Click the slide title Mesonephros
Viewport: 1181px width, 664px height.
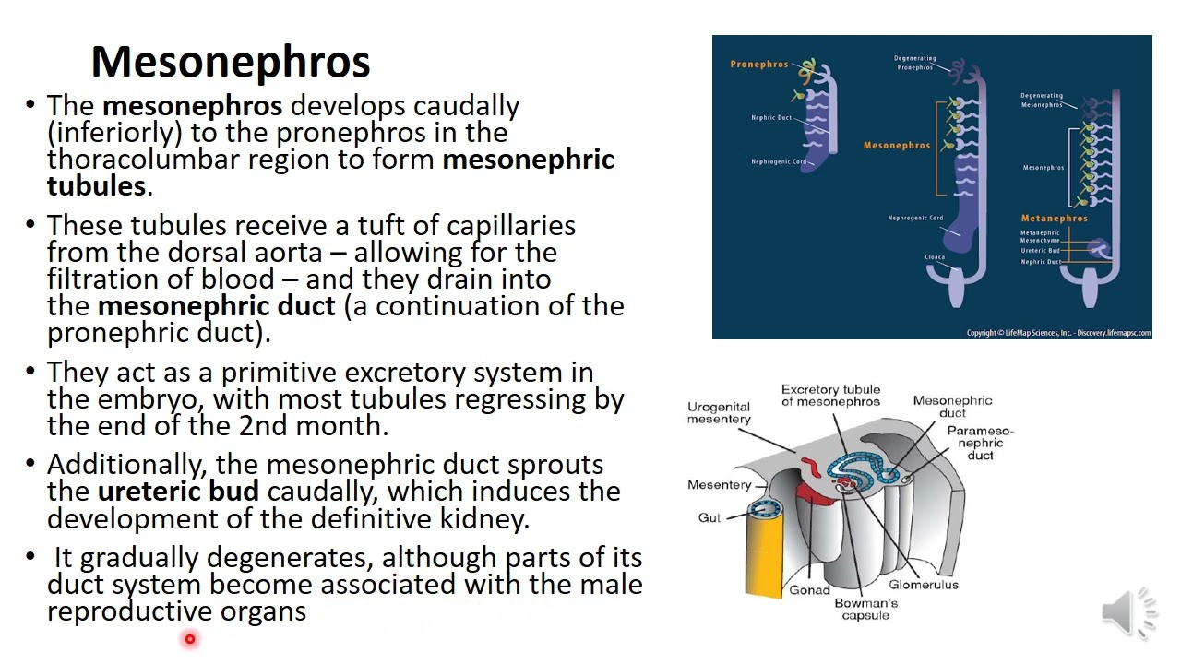coord(231,62)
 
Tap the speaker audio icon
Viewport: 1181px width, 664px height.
coord(1129,611)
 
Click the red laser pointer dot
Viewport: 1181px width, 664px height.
coord(190,638)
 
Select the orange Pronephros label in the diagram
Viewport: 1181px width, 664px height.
coord(759,65)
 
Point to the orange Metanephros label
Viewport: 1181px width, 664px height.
coord(1054,219)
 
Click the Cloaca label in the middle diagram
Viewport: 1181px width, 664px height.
coord(935,257)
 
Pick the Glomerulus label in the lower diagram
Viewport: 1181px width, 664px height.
coord(924,585)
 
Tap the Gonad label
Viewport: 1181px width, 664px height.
coord(809,590)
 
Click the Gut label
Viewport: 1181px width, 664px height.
coord(710,518)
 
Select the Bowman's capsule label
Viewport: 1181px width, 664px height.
coord(865,610)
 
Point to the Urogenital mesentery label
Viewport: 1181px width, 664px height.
coord(719,413)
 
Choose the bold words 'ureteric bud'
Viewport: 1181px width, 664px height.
coord(178,492)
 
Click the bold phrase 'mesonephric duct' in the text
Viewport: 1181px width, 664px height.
coord(216,306)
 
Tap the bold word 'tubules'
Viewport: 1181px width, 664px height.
coord(96,186)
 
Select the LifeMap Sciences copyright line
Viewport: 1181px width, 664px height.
coord(1058,333)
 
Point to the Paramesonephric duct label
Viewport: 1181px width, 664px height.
coord(980,443)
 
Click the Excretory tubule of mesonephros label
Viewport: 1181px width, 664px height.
coord(830,396)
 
